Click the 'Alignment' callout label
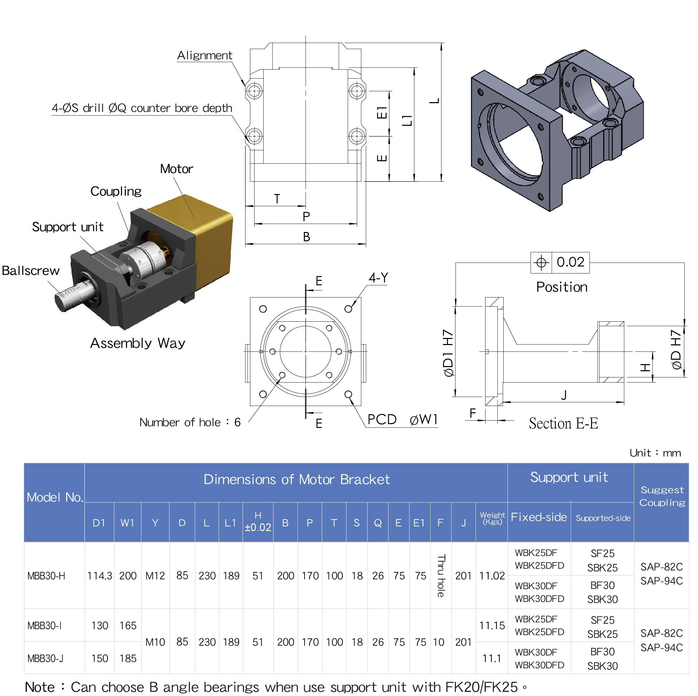205,55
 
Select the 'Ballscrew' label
31,271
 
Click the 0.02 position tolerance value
570,262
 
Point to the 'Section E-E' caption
563,423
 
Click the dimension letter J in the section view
564,395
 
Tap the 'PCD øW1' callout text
402,419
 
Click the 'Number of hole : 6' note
190,422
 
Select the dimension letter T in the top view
277,198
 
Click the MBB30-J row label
46,658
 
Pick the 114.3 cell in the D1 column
99,576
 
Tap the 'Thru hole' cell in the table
441,575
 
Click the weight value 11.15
492,625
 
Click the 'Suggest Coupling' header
662,496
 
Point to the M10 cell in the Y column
155,642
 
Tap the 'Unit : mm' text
655,453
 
